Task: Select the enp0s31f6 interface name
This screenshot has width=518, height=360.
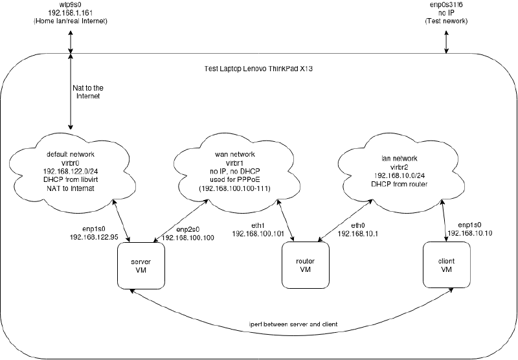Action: tap(445, 5)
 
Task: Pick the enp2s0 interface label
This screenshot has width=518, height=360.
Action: tap(188, 230)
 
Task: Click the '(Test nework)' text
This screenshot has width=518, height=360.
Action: tap(445, 21)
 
